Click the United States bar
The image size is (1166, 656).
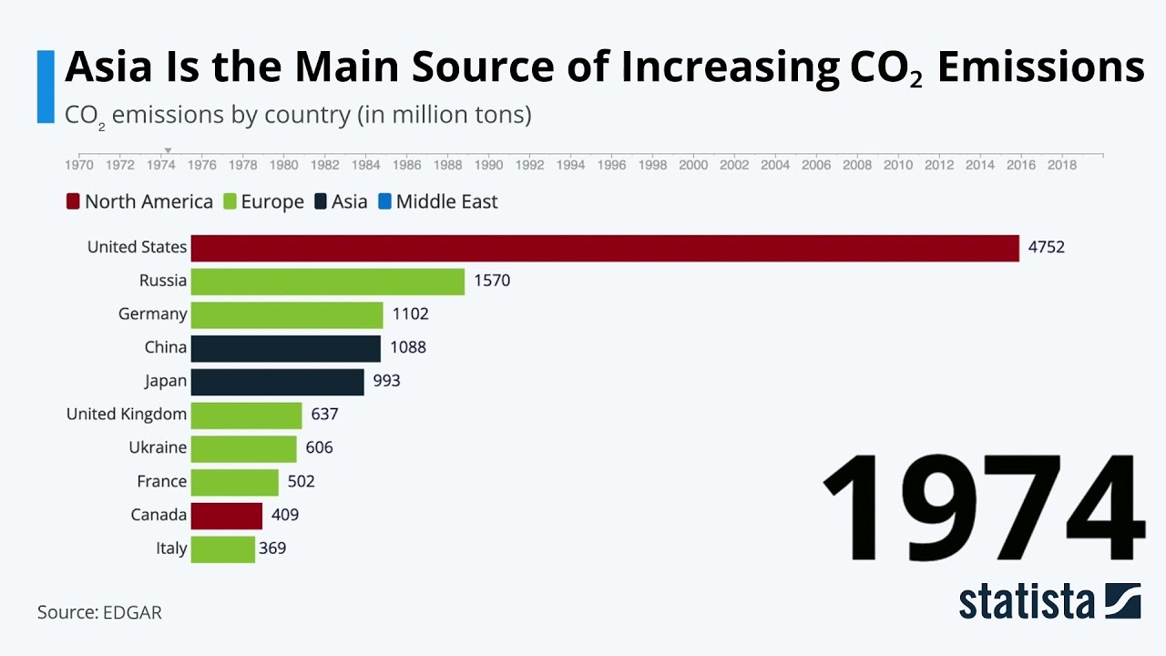[605, 248]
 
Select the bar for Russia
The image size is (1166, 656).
[328, 282]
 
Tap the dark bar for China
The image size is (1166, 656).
[285, 348]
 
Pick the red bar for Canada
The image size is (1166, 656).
[227, 516]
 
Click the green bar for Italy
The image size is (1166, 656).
[223, 549]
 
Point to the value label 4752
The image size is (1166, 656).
[1046, 247]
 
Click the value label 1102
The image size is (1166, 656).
[410, 314]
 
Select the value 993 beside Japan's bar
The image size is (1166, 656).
[386, 381]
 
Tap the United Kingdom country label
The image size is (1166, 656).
[127, 415]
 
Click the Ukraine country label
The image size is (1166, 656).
[158, 447]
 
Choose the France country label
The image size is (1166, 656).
[161, 481]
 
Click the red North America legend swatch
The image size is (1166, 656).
[74, 201]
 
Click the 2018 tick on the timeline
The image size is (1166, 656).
[1061, 165]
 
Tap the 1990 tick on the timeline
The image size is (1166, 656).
[489, 165]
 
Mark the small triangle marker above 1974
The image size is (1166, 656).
[168, 151]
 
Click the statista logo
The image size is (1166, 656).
[1048, 601]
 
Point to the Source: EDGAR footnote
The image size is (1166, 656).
[99, 612]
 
